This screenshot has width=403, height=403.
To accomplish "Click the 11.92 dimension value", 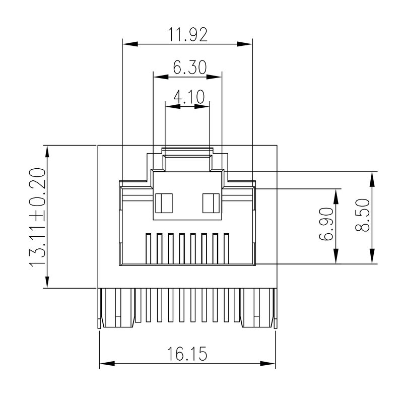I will tap(188, 35).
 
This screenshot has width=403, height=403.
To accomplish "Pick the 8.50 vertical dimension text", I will tap(363, 217).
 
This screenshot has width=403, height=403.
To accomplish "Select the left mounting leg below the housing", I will tap(117, 308).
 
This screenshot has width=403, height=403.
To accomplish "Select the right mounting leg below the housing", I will tap(258, 308).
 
